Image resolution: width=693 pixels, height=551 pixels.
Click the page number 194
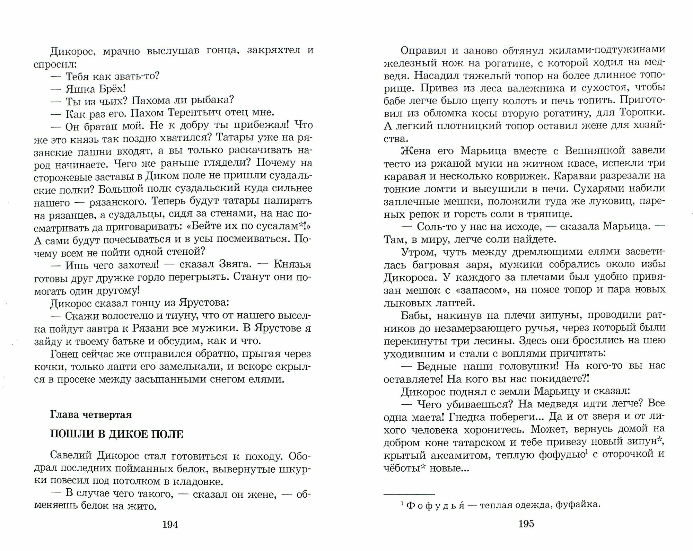coord(170,525)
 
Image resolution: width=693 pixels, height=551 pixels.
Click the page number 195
coord(526,524)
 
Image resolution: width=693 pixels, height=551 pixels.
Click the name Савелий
coord(71,456)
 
